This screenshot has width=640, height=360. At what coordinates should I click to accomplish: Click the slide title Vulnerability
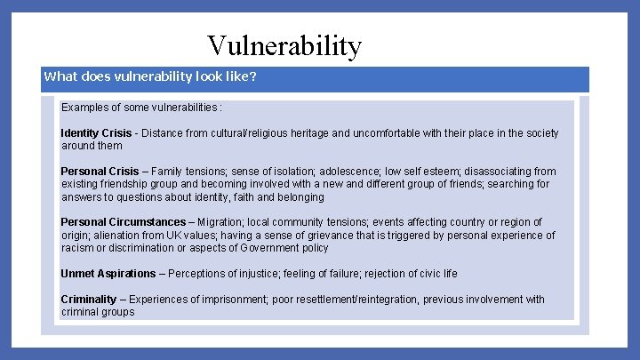284,45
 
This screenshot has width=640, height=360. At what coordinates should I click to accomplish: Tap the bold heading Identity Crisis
96,133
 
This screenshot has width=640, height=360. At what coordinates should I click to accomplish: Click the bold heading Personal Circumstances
123,222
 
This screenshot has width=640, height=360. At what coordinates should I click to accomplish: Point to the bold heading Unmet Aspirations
108,274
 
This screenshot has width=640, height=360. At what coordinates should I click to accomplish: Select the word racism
79,248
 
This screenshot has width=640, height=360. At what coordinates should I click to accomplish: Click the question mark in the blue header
253,76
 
